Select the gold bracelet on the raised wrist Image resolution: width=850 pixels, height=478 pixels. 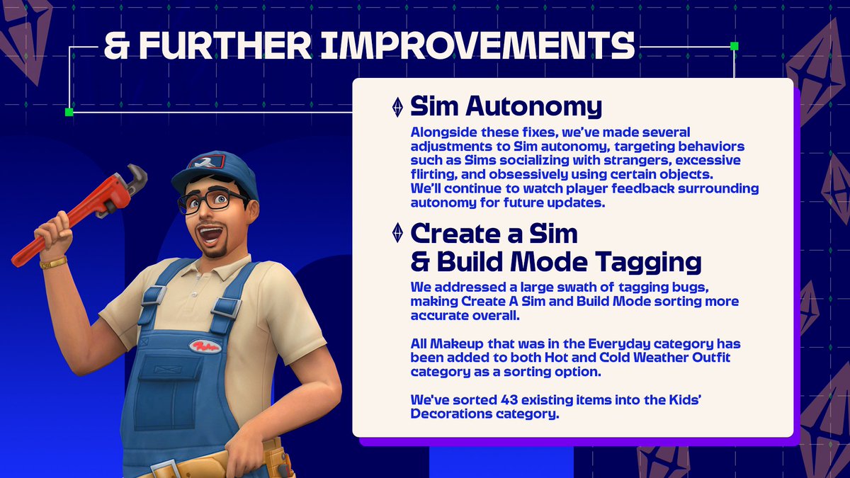(53, 263)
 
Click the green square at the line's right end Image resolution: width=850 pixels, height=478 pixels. (734, 46)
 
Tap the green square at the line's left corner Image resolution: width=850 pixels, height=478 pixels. (69, 112)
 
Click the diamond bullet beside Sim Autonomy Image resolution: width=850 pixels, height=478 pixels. (397, 107)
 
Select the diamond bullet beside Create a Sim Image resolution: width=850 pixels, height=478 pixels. (397, 233)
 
